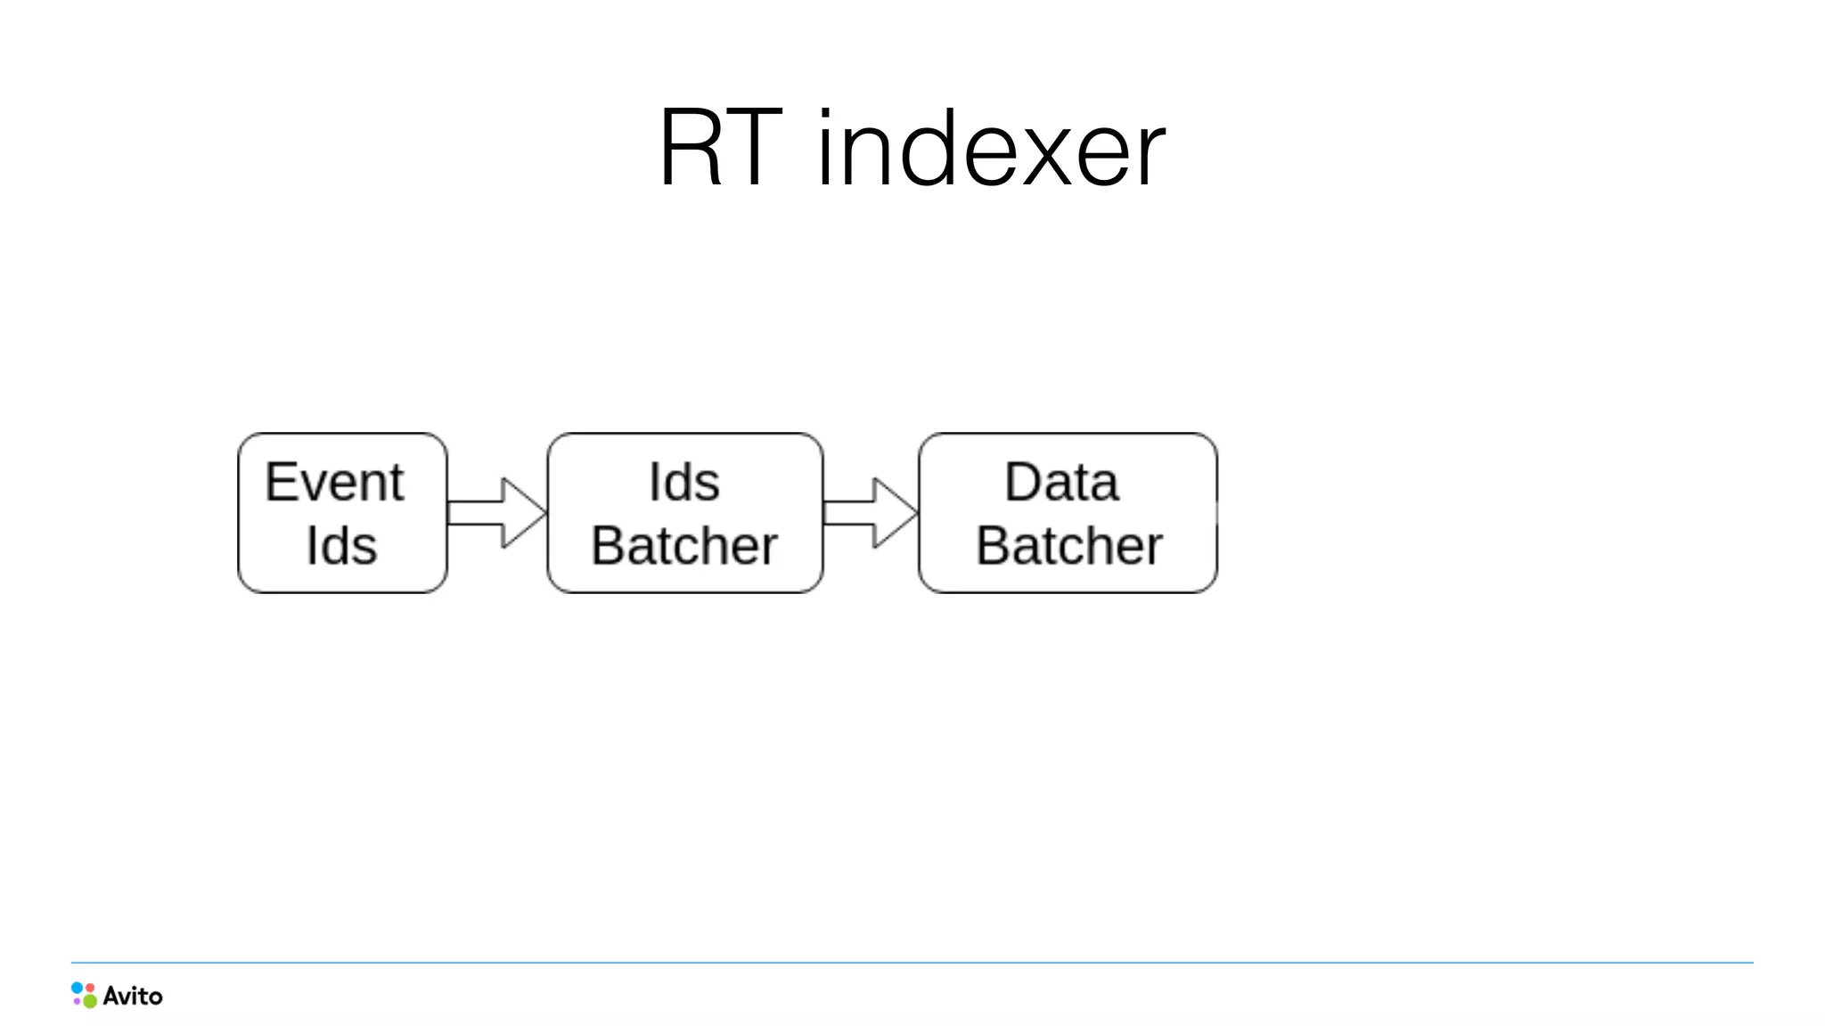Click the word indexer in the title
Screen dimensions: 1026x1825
point(990,149)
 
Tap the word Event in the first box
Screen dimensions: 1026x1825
point(334,482)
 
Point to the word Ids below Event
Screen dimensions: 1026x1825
point(341,545)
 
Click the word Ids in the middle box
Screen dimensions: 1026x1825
point(683,482)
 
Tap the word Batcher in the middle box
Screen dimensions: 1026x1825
point(683,545)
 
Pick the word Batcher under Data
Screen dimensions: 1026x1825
point(1068,545)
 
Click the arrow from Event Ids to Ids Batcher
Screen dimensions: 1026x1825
point(496,513)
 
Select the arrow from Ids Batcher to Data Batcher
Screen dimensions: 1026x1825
point(870,513)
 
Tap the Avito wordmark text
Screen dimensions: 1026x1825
point(133,996)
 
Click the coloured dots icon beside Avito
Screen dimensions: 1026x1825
point(84,995)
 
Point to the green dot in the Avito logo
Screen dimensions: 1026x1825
point(90,1001)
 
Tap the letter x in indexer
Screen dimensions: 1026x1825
point(1049,159)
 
